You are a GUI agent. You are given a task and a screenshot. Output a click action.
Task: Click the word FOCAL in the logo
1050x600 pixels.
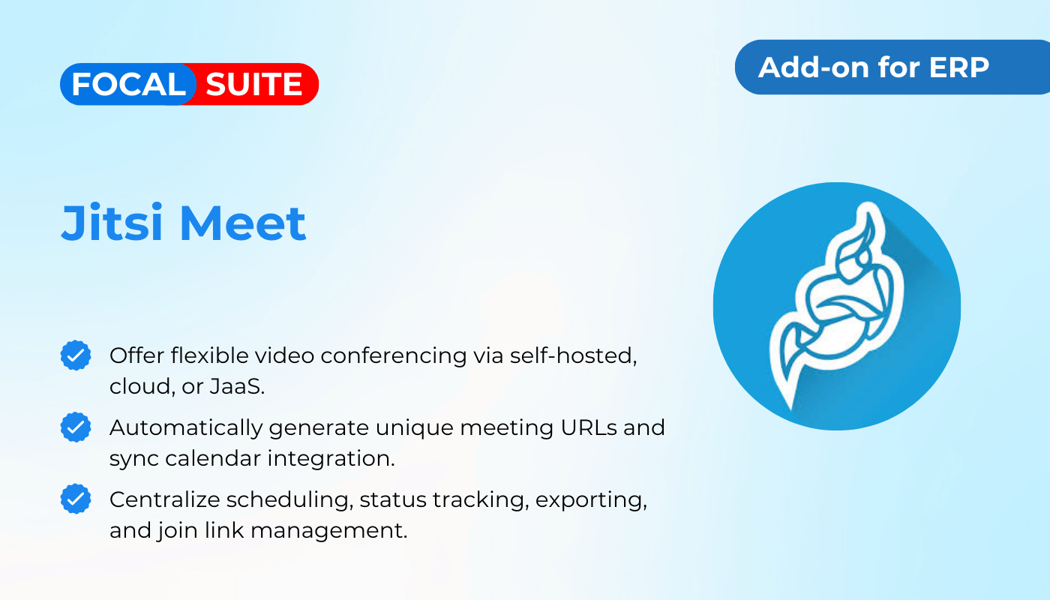pos(128,84)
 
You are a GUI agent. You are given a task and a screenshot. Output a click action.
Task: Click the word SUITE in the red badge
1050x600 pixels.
pos(253,84)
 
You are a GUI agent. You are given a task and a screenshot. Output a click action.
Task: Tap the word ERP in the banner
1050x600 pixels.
pos(958,67)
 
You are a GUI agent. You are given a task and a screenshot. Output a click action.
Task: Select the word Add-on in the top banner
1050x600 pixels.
pos(814,67)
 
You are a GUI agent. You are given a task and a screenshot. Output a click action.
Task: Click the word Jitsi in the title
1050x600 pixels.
pos(112,223)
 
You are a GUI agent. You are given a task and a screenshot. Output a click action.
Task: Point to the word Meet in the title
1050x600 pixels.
pos(243,223)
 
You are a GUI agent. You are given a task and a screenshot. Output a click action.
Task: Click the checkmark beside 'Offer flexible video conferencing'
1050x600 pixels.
pos(76,355)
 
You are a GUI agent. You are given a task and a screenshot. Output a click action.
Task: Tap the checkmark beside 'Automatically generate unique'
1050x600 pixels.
pos(76,427)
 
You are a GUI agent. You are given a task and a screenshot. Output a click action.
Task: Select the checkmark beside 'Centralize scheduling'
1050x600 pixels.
pos(76,499)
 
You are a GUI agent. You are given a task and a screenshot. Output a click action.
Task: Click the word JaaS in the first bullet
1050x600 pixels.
pos(237,387)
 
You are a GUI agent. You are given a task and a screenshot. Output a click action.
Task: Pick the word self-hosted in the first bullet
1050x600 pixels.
pos(573,355)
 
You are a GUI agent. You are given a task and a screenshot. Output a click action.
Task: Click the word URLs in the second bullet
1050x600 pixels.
pos(589,427)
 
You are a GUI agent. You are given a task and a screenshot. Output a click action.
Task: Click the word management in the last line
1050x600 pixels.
pos(329,531)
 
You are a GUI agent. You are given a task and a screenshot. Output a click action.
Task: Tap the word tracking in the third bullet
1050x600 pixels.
pos(481,500)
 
